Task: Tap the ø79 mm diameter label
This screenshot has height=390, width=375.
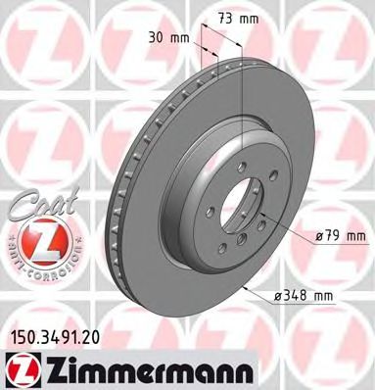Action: pyautogui.click(x=342, y=235)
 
